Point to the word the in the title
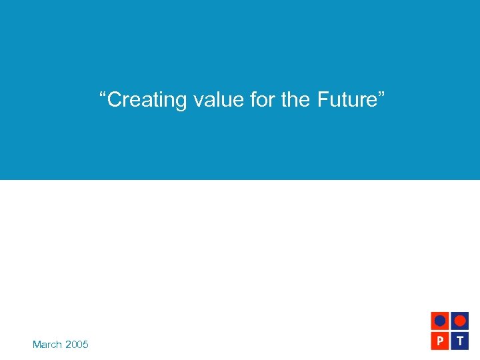297,100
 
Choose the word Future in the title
346,100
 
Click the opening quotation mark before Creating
103,95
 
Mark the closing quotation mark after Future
381,95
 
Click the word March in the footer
47,345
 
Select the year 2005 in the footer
77,345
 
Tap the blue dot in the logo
440,321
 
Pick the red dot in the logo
459,321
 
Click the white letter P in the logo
440,340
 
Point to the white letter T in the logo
459,340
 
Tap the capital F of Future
323,100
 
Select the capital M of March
37,345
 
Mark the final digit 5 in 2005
85,345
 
